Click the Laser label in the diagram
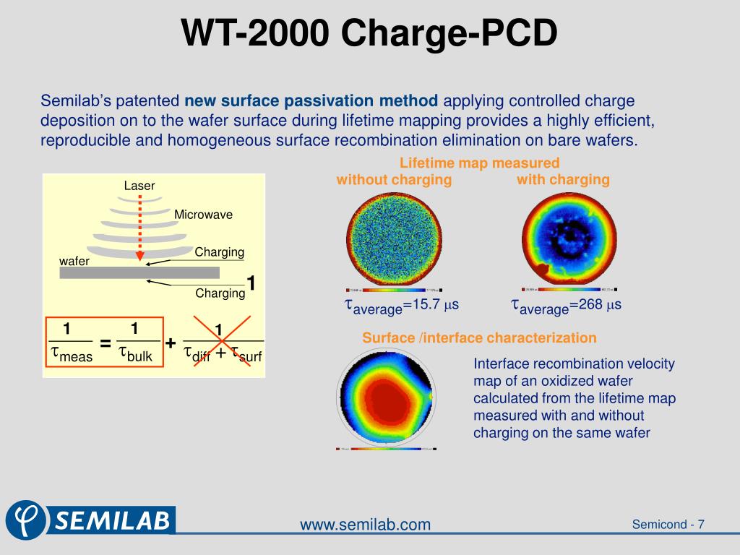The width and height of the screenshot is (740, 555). (x=139, y=186)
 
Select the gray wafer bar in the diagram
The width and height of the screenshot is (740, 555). (x=139, y=272)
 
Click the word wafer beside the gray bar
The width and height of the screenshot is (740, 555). (x=74, y=261)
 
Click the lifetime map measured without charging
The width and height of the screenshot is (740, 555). (x=394, y=239)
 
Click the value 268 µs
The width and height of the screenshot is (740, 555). (x=595, y=305)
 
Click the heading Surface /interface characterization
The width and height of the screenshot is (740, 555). (x=479, y=337)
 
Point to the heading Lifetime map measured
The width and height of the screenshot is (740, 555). (x=480, y=163)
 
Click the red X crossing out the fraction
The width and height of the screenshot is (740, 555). (x=221, y=342)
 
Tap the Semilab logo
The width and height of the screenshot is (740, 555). (x=90, y=519)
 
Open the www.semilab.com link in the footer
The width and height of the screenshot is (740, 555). (x=365, y=525)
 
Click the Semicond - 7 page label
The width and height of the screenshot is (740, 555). (x=668, y=525)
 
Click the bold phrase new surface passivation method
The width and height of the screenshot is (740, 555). (x=311, y=100)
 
